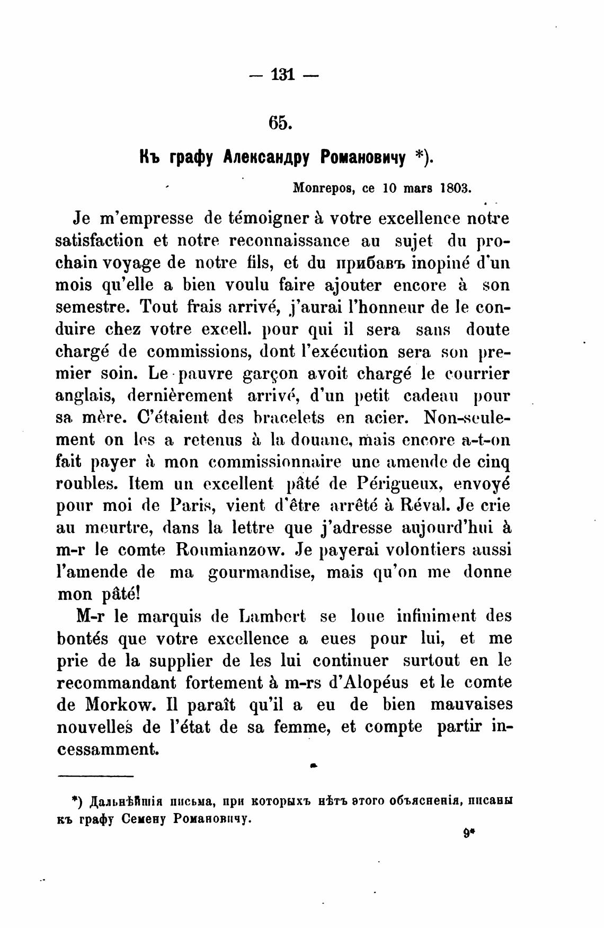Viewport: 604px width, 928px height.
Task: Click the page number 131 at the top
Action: [x=282, y=75]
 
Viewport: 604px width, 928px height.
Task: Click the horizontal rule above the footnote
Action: [x=95, y=777]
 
